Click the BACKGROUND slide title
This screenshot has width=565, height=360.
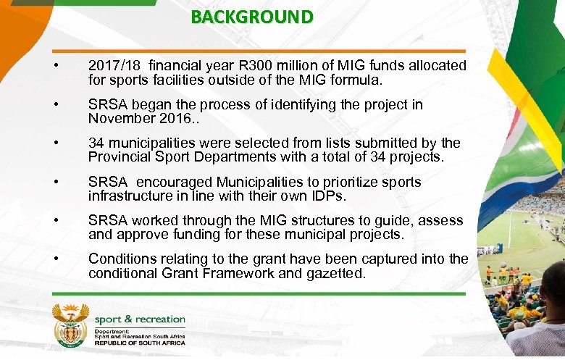click(x=252, y=17)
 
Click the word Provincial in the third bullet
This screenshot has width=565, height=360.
click(x=120, y=157)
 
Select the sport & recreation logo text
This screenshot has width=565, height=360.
click(x=140, y=319)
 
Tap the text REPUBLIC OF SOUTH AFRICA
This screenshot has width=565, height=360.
click(x=140, y=343)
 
